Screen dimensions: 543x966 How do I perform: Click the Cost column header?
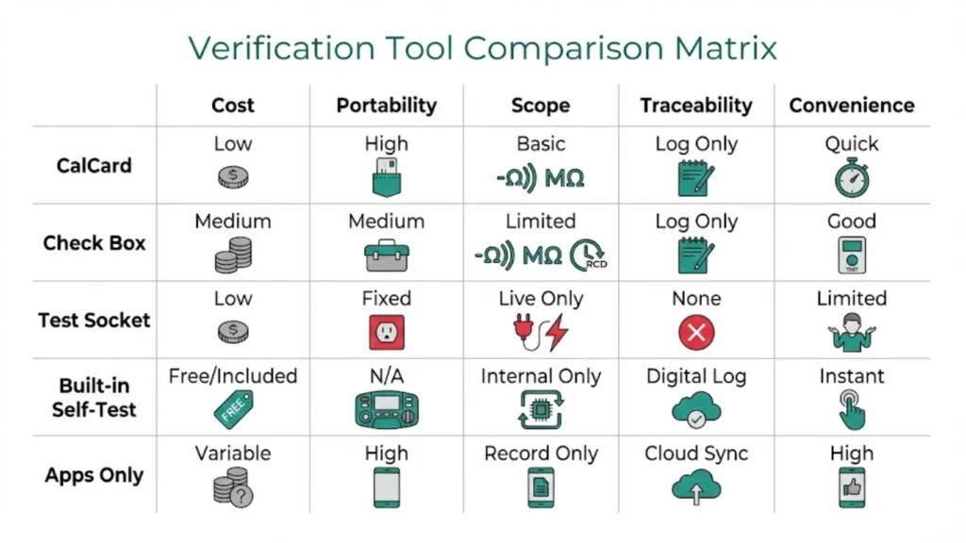[x=232, y=105]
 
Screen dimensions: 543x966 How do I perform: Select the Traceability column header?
[x=696, y=105]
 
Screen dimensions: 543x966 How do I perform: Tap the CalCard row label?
[x=94, y=166]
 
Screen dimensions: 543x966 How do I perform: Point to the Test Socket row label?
[x=94, y=320]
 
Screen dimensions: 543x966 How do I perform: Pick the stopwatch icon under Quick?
[x=852, y=177]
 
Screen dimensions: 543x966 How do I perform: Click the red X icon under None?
[x=696, y=332]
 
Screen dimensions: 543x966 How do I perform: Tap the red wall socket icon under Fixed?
[x=387, y=332]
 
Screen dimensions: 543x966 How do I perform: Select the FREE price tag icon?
[x=232, y=410]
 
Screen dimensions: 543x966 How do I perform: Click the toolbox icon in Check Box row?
[x=387, y=255]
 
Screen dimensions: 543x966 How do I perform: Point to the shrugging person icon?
[x=852, y=332]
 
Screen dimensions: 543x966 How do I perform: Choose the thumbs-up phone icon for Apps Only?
[x=852, y=487]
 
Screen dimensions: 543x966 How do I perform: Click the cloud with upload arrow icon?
[x=696, y=487]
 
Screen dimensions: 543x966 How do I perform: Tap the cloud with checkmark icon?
[x=696, y=410]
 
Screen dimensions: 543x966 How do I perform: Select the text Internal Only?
[x=541, y=376]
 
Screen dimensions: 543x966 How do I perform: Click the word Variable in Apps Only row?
[x=232, y=453]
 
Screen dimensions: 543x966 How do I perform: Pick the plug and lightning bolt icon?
[x=541, y=332]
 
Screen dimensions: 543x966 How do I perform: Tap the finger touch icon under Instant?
[x=852, y=410]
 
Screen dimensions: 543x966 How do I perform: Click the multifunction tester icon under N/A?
[x=387, y=410]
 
